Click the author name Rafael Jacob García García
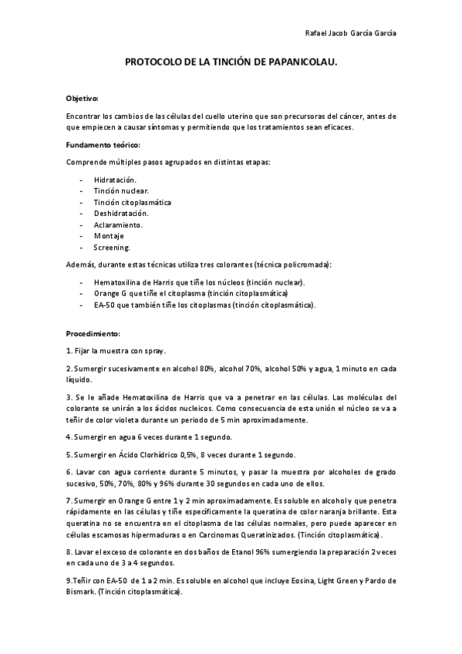pyautogui.click(x=352, y=33)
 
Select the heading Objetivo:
pyautogui.click(x=83, y=99)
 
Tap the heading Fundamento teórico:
pyautogui.click(x=103, y=145)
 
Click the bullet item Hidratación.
pyautogui.click(x=116, y=180)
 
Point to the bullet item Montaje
pyautogui.click(x=109, y=236)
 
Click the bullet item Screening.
pyautogui.click(x=113, y=248)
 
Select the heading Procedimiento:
pyautogui.click(x=93, y=334)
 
